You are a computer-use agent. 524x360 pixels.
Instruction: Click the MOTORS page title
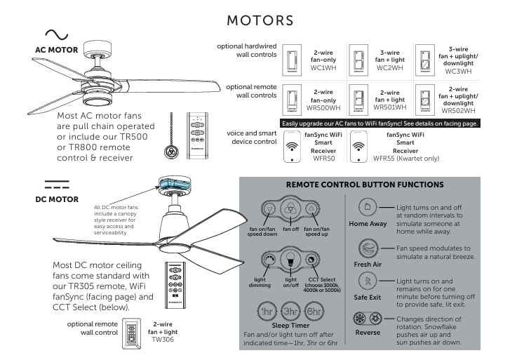[262, 15]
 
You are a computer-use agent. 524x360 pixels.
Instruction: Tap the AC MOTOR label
[56, 51]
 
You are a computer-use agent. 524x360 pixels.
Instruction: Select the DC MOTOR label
[57, 199]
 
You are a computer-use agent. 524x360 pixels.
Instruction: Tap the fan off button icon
[290, 209]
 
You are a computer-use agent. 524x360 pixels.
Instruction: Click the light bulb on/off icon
[290, 260]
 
